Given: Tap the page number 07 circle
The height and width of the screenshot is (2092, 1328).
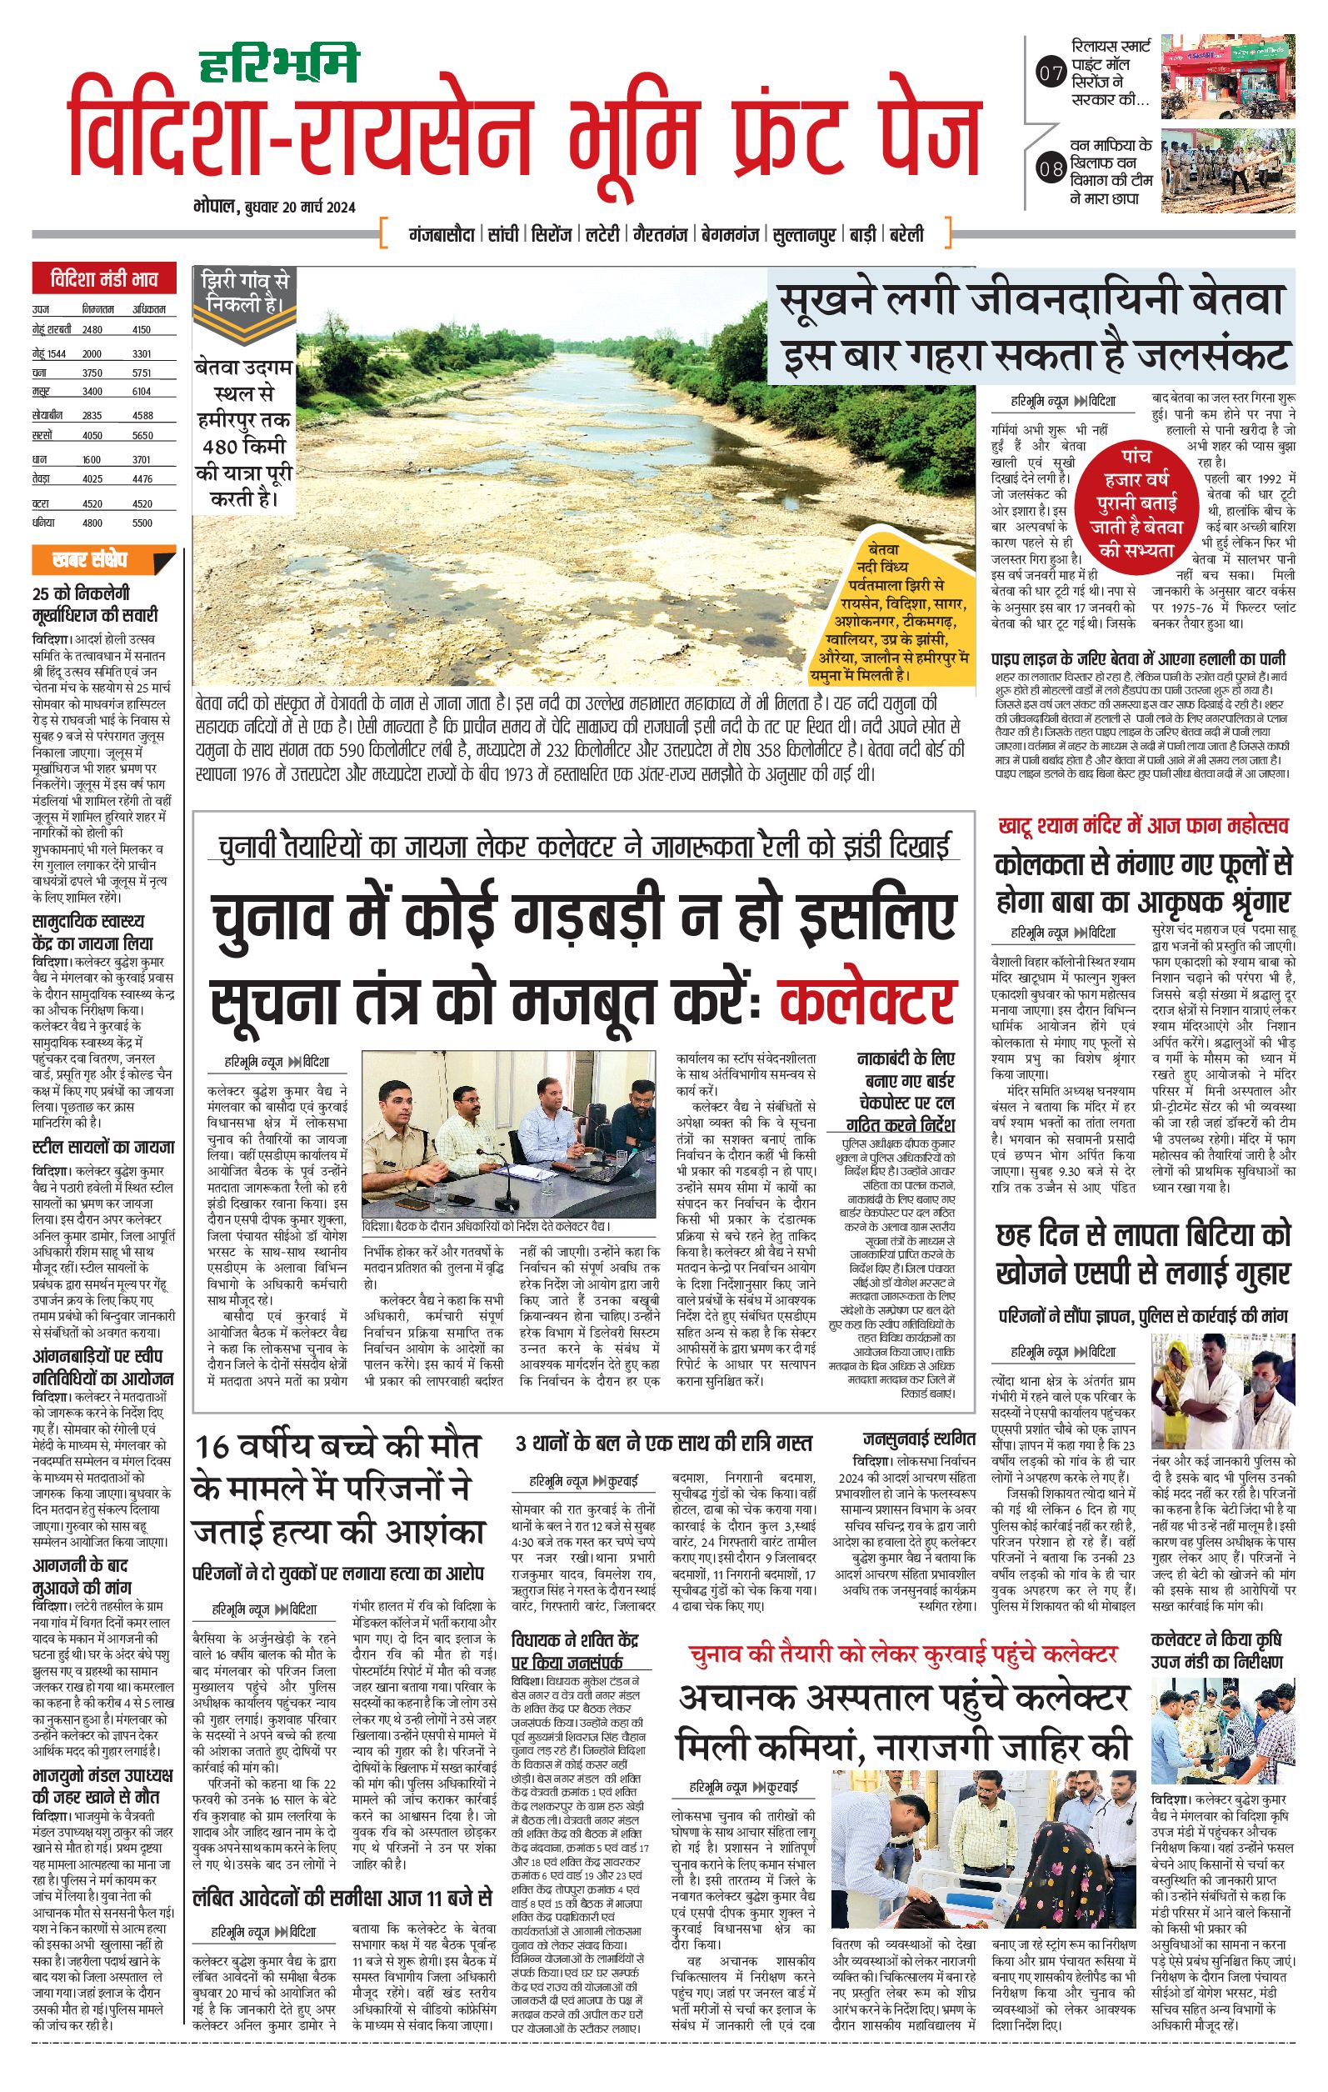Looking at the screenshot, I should (x=1051, y=74).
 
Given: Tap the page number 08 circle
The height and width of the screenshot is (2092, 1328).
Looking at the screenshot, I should (x=1051, y=168).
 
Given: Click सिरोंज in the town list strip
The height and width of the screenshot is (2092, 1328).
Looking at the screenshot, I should (x=552, y=234).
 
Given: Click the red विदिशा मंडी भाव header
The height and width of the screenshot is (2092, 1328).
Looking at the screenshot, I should (x=103, y=280).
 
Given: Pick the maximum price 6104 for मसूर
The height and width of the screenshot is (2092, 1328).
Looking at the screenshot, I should (x=142, y=392).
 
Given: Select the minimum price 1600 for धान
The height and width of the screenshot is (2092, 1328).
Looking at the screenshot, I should (x=91, y=459).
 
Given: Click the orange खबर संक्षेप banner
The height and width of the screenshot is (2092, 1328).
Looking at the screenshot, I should (x=103, y=558).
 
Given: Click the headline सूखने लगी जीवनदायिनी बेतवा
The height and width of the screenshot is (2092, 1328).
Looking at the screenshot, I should (x=1030, y=303).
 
